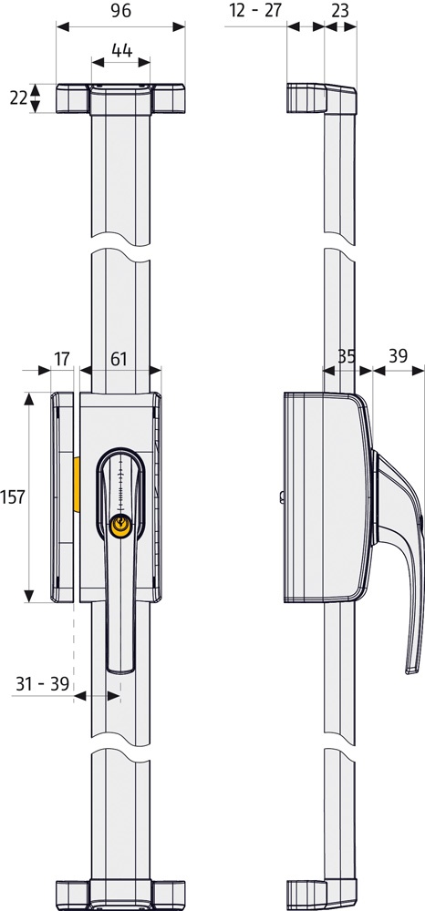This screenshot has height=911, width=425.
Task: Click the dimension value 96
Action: click(x=121, y=11)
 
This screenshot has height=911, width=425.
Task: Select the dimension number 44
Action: click(x=121, y=50)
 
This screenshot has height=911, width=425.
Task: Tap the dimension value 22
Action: click(x=18, y=97)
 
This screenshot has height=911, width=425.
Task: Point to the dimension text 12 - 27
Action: click(x=255, y=11)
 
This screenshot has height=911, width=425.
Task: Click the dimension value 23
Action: click(x=341, y=11)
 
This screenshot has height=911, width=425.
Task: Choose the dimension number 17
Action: click(x=62, y=359)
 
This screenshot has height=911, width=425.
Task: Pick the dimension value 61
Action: click(x=119, y=359)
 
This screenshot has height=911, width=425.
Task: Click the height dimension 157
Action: click(x=14, y=496)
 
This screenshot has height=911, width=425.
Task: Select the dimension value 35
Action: click(x=347, y=355)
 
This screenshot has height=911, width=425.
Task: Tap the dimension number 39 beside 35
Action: click(x=398, y=355)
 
